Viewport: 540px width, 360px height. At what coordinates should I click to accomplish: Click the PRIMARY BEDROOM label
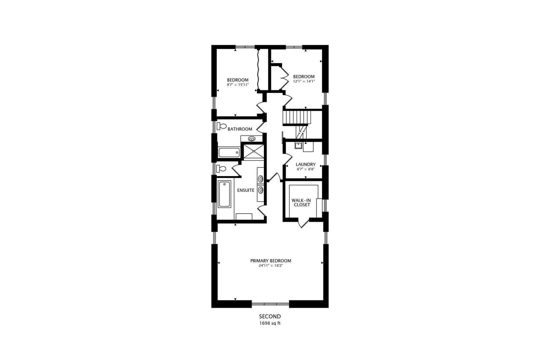(x=271, y=261)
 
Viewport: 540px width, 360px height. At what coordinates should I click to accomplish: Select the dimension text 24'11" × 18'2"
(x=271, y=266)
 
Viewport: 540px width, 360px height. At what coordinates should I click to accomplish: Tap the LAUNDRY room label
(x=305, y=164)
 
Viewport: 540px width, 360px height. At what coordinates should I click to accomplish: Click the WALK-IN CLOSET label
(x=301, y=202)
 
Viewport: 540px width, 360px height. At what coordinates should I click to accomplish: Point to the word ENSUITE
(x=246, y=190)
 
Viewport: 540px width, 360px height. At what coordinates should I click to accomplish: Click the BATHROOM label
(x=240, y=129)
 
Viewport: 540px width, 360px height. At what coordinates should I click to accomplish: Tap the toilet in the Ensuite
(x=221, y=169)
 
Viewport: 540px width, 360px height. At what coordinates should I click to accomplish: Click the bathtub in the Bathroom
(x=229, y=153)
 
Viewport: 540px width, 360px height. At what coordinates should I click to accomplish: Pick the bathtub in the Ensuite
(x=224, y=194)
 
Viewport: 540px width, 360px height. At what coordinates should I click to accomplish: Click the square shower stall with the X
(x=254, y=151)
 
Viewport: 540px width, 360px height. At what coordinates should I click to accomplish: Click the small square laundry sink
(x=298, y=145)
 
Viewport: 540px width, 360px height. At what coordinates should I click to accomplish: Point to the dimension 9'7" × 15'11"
(x=238, y=85)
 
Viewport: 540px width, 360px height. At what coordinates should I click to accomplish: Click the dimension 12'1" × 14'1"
(x=304, y=81)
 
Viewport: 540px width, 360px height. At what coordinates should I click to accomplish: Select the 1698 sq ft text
(x=270, y=323)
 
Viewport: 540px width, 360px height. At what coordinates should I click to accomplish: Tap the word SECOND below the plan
(x=270, y=316)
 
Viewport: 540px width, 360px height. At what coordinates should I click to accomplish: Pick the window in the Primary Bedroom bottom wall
(x=270, y=304)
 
